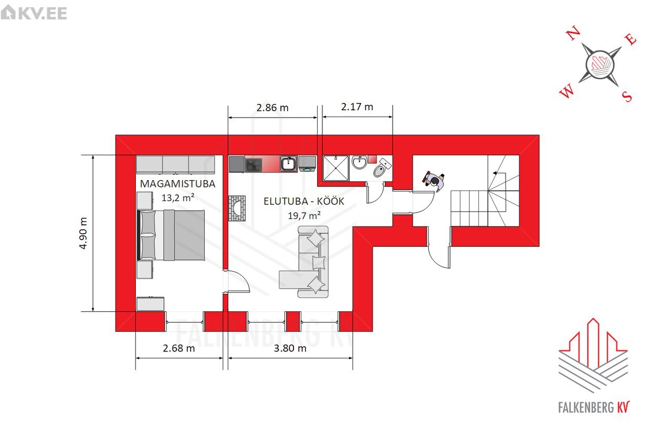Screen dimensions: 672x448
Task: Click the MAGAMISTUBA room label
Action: [x=177, y=184]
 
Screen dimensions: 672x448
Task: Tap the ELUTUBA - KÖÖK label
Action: [x=303, y=201]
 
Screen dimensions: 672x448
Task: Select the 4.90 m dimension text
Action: [x=83, y=233]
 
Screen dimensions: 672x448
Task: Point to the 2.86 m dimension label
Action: [x=272, y=108]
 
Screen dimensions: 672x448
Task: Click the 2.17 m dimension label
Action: [x=357, y=107]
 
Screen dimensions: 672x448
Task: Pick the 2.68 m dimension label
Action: [x=179, y=348]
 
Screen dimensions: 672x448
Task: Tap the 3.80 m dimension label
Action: [x=290, y=348]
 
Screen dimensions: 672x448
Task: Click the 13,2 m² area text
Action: [x=178, y=198]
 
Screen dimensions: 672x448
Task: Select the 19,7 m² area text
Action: [x=304, y=215]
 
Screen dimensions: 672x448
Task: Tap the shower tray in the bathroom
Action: [x=336, y=168]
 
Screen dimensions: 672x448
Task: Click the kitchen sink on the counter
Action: [x=289, y=163]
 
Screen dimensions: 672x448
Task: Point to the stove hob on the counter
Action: [x=254, y=165]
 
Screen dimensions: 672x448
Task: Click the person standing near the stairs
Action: [x=434, y=181]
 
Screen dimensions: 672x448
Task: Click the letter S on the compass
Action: [x=627, y=96]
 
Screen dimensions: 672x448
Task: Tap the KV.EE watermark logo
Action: [x=34, y=13]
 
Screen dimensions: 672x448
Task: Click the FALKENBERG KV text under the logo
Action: [x=594, y=408]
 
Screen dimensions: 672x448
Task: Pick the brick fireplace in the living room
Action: [x=237, y=209]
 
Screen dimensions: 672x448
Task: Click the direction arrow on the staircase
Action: [x=499, y=173]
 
